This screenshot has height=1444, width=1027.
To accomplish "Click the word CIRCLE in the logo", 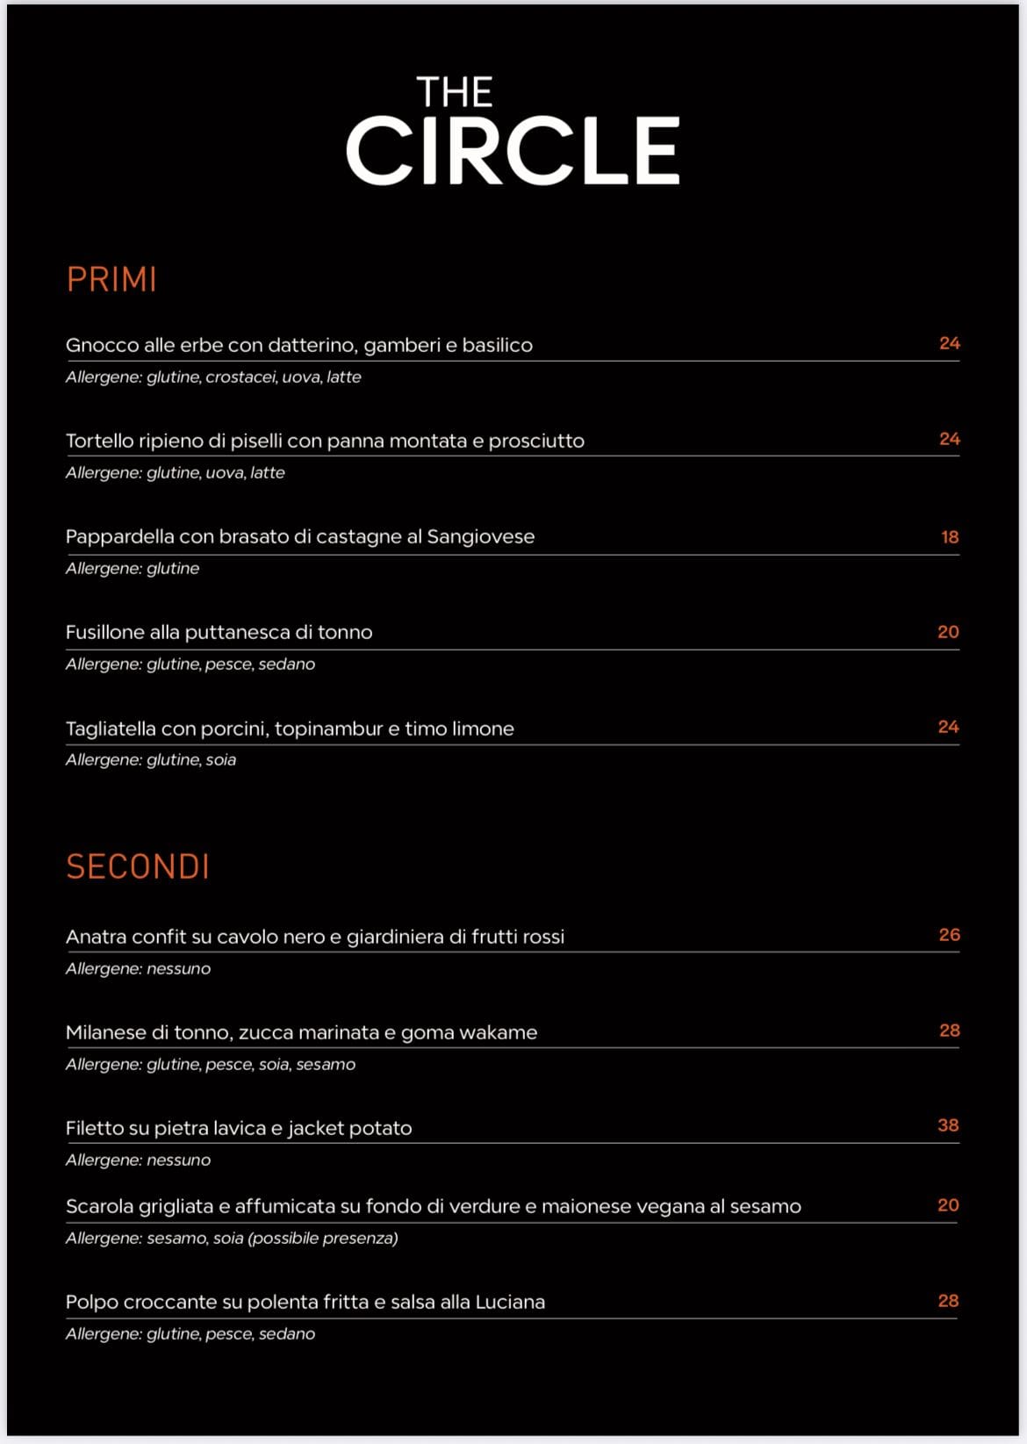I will (513, 151).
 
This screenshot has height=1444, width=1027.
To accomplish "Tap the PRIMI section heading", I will (111, 280).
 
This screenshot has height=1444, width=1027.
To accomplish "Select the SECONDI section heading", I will (138, 867).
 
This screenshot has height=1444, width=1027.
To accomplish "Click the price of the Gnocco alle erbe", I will (949, 343).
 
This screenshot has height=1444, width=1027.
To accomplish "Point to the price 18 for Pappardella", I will (950, 537).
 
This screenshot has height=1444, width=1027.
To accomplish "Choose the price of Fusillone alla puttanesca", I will (948, 632).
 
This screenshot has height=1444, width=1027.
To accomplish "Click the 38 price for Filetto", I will (948, 1125).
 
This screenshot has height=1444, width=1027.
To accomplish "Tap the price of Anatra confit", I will (949, 935).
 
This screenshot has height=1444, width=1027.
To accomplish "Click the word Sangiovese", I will (480, 537).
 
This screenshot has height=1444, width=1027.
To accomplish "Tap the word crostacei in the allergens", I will (241, 377).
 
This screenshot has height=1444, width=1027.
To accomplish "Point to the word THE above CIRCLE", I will (454, 92).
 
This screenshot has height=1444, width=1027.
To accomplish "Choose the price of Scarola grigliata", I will (948, 1205).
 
